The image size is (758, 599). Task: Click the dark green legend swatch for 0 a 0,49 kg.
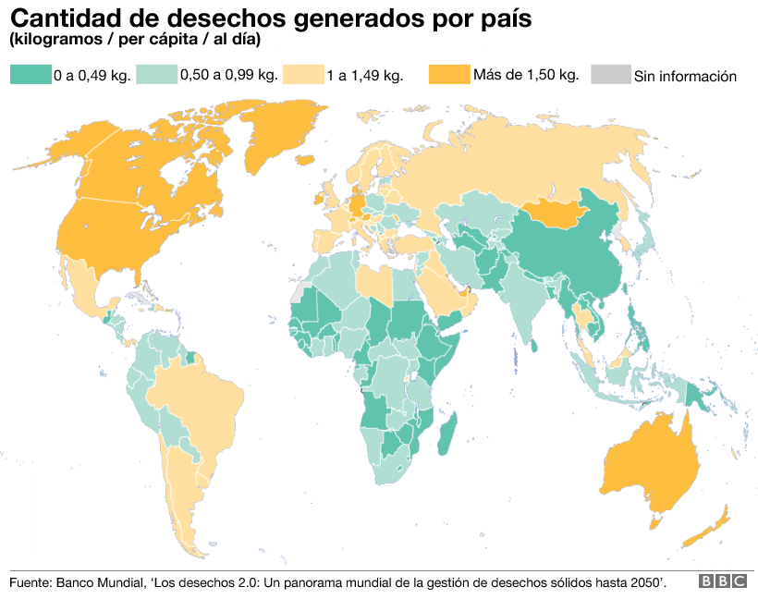[x=30, y=75]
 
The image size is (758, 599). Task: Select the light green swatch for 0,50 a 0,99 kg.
[x=156, y=75]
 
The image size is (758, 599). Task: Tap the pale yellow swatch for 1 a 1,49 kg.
[x=302, y=75]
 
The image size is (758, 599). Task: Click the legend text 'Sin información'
[x=685, y=76]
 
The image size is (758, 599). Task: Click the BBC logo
[x=722, y=581]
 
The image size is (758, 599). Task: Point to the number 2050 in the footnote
[x=643, y=581]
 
